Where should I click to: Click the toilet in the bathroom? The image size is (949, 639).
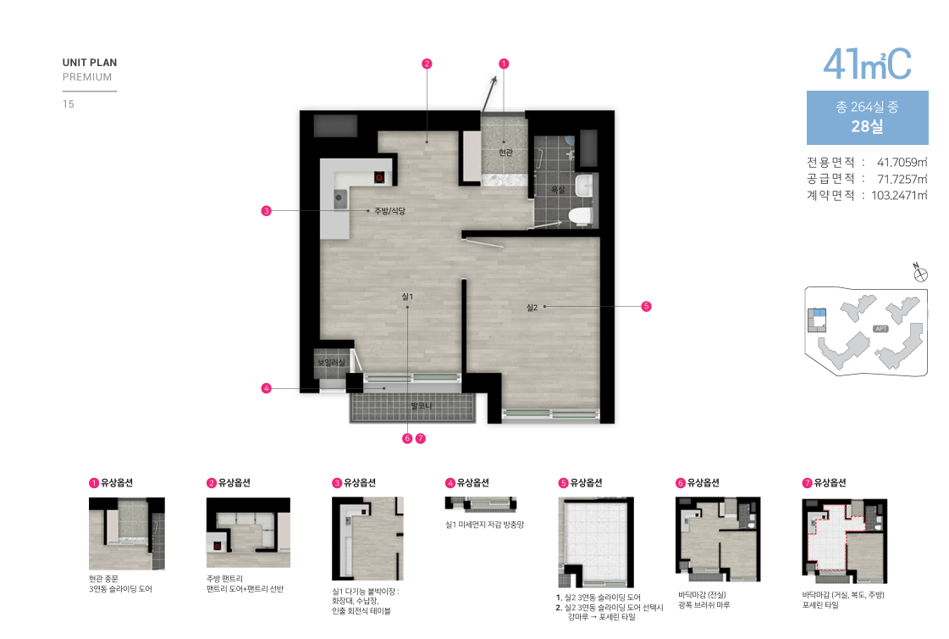pos(581,216)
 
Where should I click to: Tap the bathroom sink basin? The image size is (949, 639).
pos(584,186)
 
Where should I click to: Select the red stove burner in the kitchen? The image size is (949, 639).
pos(379,177)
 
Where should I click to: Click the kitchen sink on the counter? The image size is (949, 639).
pos(340,198)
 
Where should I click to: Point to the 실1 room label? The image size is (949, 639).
pos(407,296)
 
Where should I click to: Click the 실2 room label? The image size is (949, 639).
pos(532,307)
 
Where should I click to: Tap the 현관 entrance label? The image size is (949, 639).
pos(506,152)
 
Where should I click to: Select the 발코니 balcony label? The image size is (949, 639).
pos(422,406)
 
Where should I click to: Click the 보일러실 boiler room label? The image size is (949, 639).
pos(331,362)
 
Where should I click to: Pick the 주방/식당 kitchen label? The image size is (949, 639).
pos(389,211)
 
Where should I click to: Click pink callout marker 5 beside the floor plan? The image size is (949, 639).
pos(647,307)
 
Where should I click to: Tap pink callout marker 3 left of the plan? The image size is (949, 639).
pos(267,211)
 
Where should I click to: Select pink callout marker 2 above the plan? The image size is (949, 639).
pos(427,64)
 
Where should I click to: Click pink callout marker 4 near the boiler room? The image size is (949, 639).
pos(267,388)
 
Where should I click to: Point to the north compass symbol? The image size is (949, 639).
pos(920,273)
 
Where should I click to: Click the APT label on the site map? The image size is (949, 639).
pos(880,329)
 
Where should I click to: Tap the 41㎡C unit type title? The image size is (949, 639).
pos(867,64)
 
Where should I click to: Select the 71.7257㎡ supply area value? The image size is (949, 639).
pos(902,179)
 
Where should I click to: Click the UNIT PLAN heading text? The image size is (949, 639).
pos(90,63)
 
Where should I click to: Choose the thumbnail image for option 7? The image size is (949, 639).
pos(844,541)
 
